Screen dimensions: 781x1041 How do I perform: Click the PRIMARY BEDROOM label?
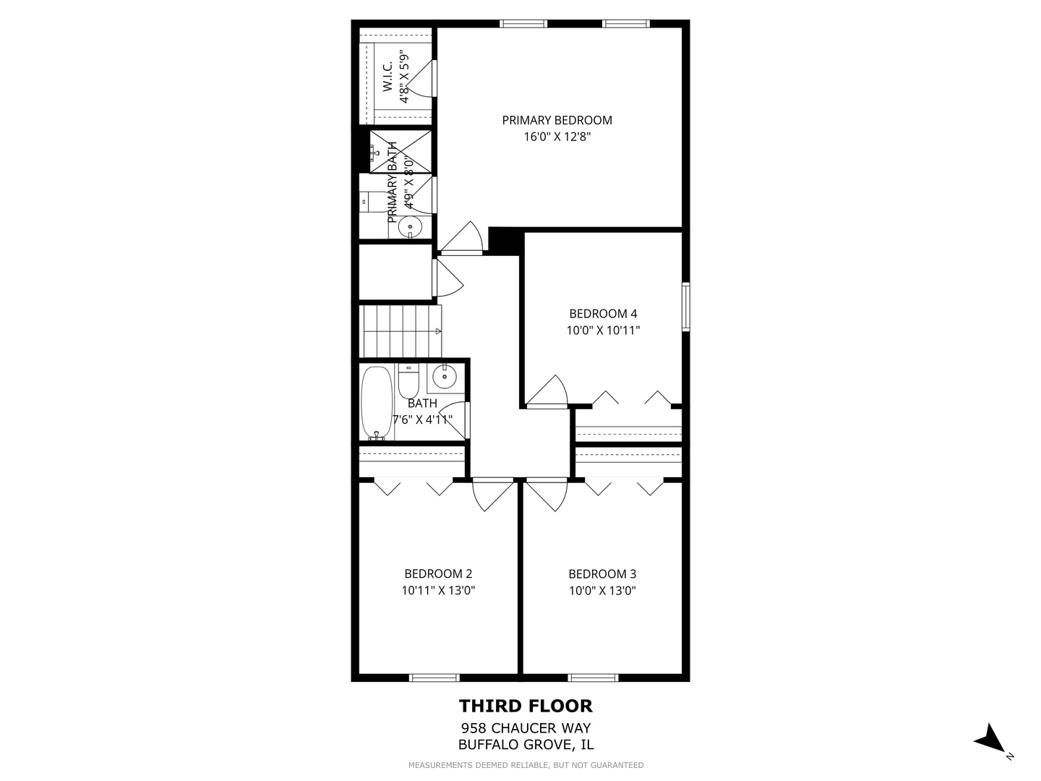click(557, 120)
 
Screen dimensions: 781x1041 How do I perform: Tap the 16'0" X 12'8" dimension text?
click(558, 137)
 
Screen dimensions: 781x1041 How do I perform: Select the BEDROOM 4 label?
click(603, 314)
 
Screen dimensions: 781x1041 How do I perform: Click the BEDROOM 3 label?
click(602, 574)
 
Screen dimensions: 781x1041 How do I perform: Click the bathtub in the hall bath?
click(377, 403)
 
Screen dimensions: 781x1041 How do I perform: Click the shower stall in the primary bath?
click(400, 152)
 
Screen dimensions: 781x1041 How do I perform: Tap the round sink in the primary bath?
click(411, 227)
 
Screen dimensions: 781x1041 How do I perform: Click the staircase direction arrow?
click(438, 331)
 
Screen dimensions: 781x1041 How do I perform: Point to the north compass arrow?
click(990, 739)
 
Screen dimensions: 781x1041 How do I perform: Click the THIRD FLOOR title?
click(526, 706)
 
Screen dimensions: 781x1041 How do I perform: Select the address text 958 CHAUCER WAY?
click(526, 728)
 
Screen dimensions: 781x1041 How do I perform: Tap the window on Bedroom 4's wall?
click(685, 307)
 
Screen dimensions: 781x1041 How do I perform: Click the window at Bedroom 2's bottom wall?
click(434, 678)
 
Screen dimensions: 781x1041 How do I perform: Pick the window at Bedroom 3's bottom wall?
click(593, 678)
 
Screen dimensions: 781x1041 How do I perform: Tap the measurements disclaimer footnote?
click(526, 765)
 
